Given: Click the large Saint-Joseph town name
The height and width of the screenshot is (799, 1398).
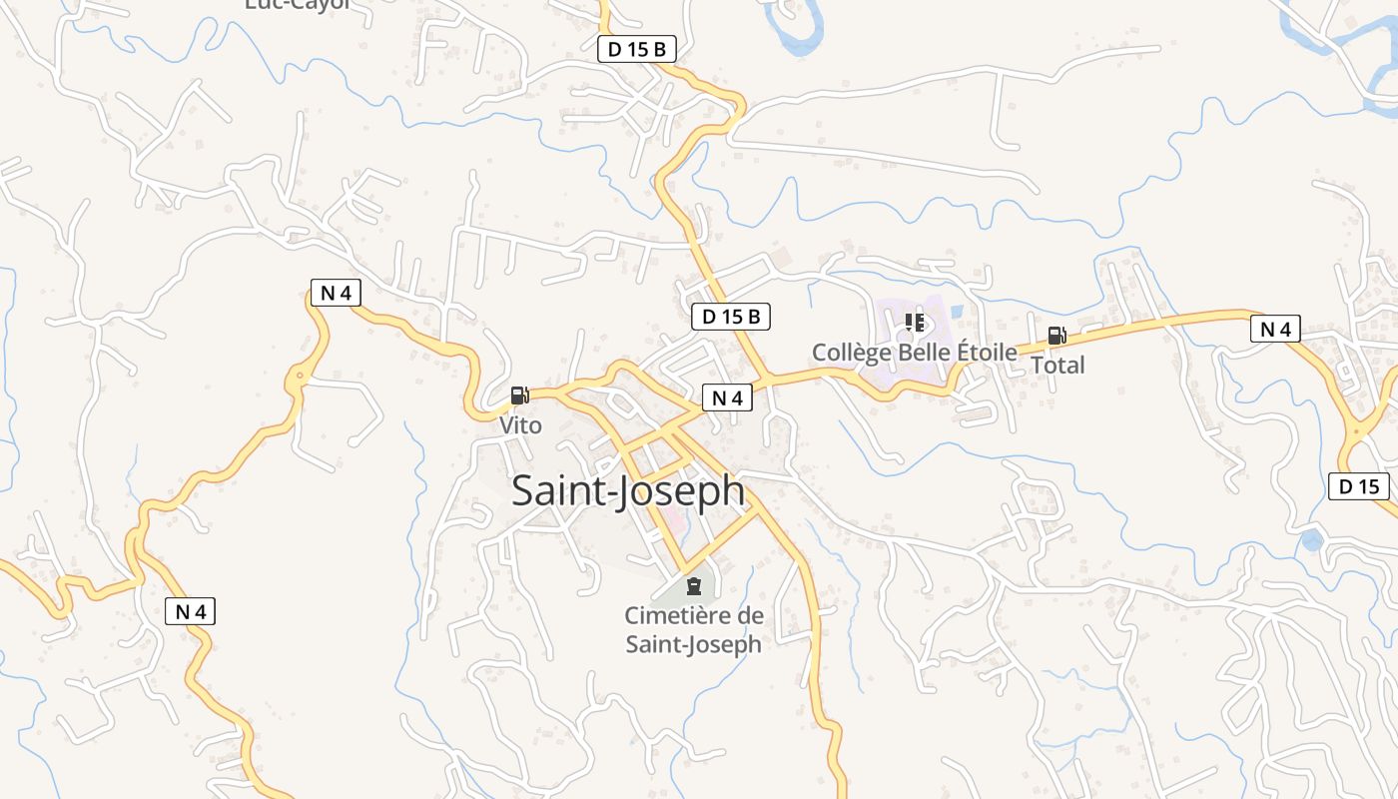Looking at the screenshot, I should tap(628, 491).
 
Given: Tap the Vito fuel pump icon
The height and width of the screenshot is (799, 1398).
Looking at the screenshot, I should tap(519, 396).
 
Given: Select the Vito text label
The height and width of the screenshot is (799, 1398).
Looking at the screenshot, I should tap(520, 425).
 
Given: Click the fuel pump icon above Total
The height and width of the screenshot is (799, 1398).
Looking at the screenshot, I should tap(1056, 336).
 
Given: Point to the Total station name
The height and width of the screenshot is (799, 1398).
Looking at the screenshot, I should tap(1057, 366).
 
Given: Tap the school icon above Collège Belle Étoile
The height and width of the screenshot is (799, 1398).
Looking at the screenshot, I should tap(914, 323).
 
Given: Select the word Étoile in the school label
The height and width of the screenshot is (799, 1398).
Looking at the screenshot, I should tap(987, 353).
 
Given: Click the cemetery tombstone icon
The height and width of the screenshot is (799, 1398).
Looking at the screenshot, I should tap(694, 585).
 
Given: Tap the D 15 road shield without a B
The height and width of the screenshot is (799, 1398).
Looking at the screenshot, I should tap(1359, 486).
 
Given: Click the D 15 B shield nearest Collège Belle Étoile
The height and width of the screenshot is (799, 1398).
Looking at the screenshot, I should tap(731, 318).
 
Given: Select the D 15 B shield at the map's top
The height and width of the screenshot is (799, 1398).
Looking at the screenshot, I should tap(637, 49).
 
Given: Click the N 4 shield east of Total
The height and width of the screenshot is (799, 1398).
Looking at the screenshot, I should tap(1275, 329).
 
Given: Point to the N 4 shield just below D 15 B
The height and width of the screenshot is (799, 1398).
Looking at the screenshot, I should tap(727, 398).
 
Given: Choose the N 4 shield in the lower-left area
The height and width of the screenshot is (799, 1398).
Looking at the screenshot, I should tap(190, 611).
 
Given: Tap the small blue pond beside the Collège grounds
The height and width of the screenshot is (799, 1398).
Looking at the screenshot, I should tap(957, 312).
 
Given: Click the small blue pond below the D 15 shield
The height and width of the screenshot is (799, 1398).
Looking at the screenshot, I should tap(1311, 541).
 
